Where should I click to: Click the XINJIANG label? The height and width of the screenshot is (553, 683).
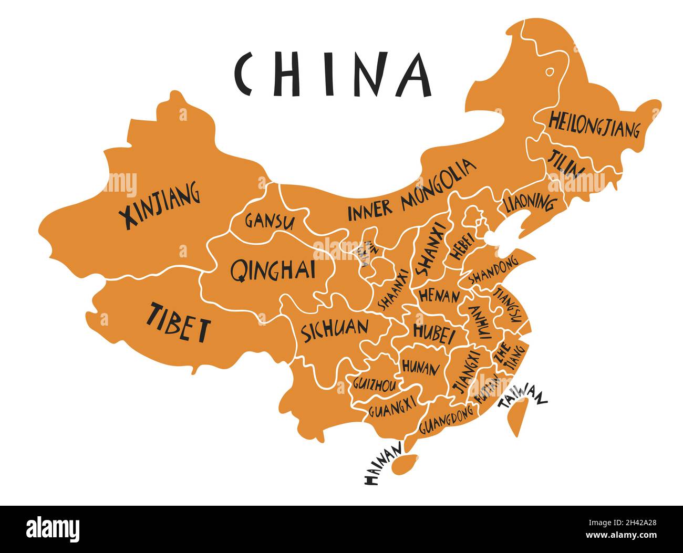coord(159,205)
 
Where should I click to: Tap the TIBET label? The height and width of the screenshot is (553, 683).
coord(178,322)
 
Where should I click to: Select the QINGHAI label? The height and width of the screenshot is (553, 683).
coord(273,270)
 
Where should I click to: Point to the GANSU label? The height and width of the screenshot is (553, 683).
coord(269,221)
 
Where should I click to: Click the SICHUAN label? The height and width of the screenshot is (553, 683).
coord(334,330)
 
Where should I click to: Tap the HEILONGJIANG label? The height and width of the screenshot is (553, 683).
coord(594,124)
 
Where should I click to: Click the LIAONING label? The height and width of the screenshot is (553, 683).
coord(529,202)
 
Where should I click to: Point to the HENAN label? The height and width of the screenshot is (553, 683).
coord(439,296)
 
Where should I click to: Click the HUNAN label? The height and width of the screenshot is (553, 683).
coord(420,367)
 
